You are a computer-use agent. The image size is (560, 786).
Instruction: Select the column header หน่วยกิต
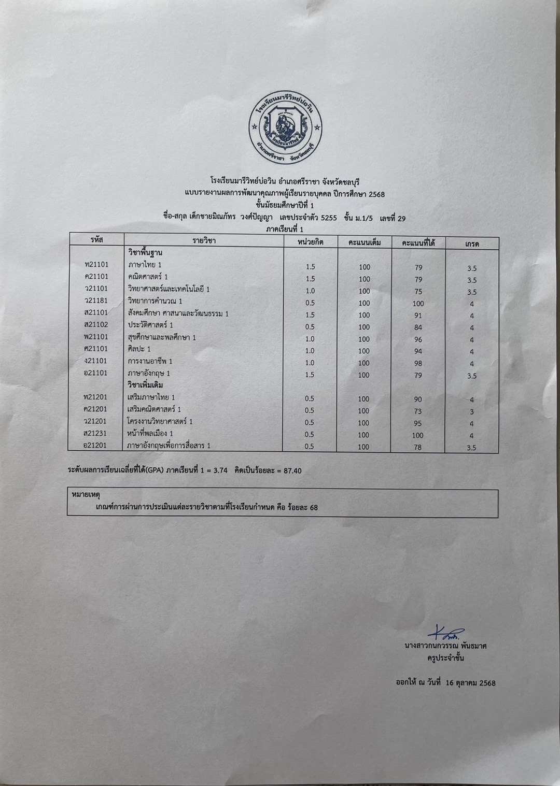[311, 241]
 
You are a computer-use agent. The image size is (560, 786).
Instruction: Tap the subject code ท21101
[96, 265]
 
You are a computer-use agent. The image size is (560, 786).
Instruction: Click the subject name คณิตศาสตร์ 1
[148, 277]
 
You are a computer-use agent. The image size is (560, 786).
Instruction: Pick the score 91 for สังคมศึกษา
[418, 315]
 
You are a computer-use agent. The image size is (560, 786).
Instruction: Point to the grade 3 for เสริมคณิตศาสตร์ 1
[471, 412]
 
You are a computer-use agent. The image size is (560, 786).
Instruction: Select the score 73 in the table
[418, 411]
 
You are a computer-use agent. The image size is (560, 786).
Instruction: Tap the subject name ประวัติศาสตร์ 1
[150, 325]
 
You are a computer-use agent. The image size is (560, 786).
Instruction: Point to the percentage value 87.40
[291, 470]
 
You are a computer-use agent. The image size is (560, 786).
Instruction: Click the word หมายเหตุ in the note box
[86, 495]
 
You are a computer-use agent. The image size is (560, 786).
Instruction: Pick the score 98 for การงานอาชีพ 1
[418, 363]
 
